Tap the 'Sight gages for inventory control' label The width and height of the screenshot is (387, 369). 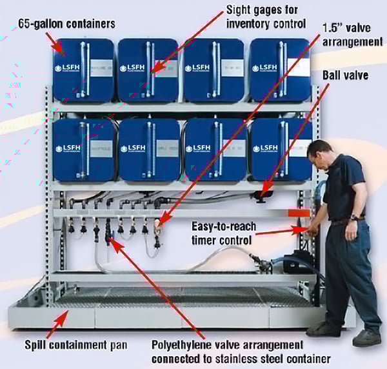pos(266,17)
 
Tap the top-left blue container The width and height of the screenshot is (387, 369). pos(82,69)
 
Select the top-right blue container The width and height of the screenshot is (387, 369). pos(279,69)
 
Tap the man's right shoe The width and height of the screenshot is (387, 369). pos(321,330)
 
